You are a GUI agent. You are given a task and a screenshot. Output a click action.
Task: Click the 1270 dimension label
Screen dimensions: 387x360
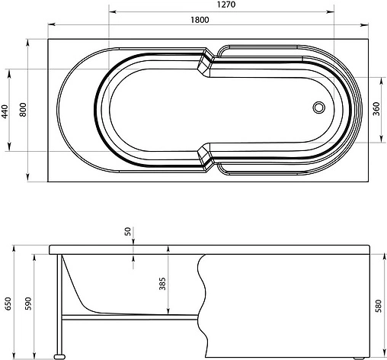click(226, 5)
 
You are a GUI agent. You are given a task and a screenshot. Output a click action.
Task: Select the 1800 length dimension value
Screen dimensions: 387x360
click(200, 20)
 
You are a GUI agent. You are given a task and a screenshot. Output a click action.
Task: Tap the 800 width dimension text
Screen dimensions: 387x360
click(23, 110)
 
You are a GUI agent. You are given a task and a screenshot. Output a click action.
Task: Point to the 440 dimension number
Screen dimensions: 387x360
click(5, 111)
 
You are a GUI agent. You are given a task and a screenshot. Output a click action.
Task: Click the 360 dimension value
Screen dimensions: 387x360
click(376, 109)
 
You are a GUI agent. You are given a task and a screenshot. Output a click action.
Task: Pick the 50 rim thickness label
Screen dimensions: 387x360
click(128, 231)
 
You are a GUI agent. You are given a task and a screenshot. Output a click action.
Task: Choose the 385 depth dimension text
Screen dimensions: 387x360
click(162, 284)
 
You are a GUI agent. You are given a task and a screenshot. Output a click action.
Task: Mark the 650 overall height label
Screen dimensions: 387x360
click(8, 304)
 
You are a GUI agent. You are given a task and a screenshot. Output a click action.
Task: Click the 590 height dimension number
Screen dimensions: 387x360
click(28, 304)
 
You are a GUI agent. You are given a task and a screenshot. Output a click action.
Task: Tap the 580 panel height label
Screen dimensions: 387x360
click(379, 306)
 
